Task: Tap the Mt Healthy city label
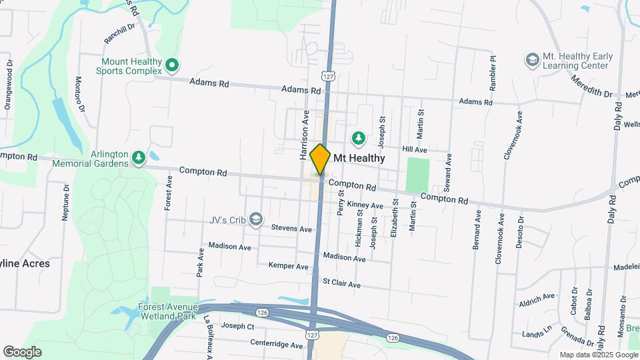click(x=359, y=158)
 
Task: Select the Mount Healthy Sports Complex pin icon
click(x=171, y=65)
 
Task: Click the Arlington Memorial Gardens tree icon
click(x=139, y=157)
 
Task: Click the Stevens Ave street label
click(x=291, y=229)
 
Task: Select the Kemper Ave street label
click(x=288, y=266)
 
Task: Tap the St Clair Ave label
click(x=341, y=284)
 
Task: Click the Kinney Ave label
click(x=365, y=205)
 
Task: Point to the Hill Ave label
click(x=415, y=150)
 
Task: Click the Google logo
click(x=22, y=352)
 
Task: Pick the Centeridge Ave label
click(x=277, y=345)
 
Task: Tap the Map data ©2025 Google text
click(x=597, y=355)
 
